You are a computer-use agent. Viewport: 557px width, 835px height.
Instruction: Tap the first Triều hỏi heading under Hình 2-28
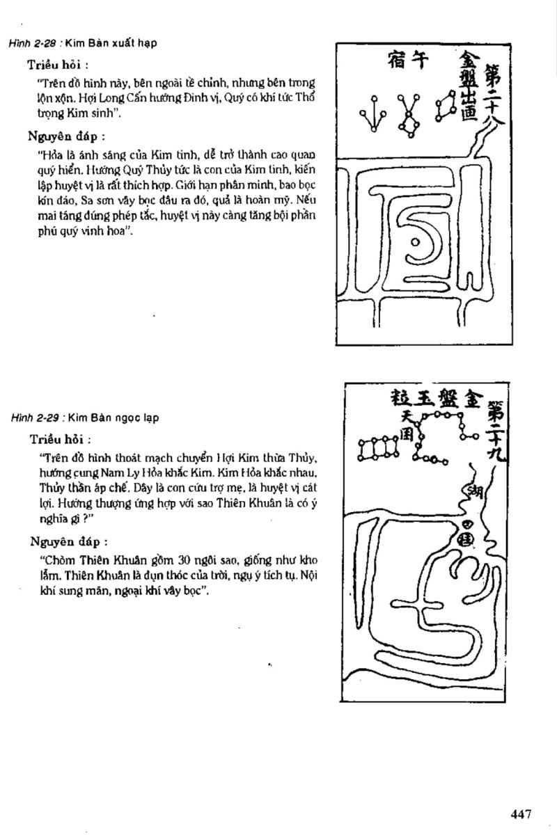point(57,65)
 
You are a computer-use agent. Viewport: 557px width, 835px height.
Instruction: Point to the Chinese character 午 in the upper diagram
point(416,64)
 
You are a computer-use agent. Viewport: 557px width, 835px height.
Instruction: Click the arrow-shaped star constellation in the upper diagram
point(373,113)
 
